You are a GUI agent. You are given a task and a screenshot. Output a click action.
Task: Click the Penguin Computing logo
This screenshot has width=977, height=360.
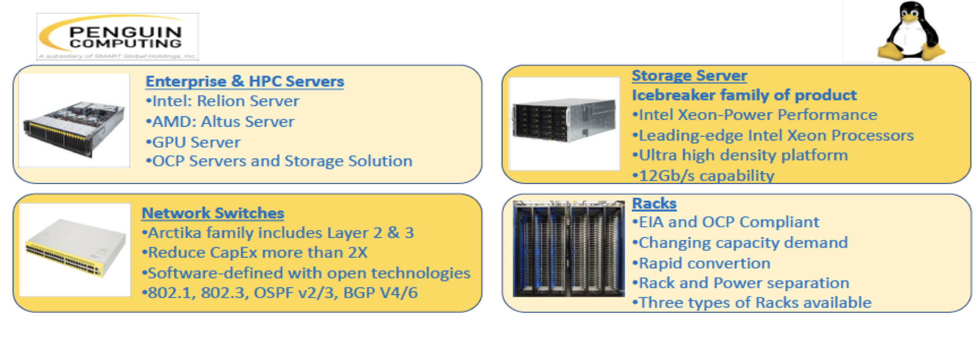(118, 37)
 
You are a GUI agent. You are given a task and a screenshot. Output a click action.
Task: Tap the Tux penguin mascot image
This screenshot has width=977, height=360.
(910, 31)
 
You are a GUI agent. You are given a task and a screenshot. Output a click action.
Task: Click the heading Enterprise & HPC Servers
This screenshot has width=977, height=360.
(245, 81)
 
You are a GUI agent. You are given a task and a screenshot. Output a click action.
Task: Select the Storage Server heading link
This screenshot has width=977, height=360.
(689, 75)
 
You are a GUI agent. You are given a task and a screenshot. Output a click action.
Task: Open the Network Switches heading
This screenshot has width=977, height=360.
(213, 213)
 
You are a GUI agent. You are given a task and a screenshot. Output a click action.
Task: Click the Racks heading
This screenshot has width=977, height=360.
(654, 203)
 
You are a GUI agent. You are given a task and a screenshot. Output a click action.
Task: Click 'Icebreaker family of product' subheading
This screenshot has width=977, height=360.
(744, 95)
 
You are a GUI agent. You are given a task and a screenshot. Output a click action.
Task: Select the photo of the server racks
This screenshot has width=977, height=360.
(568, 249)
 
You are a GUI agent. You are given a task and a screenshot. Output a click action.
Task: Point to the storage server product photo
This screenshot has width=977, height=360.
(564, 123)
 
